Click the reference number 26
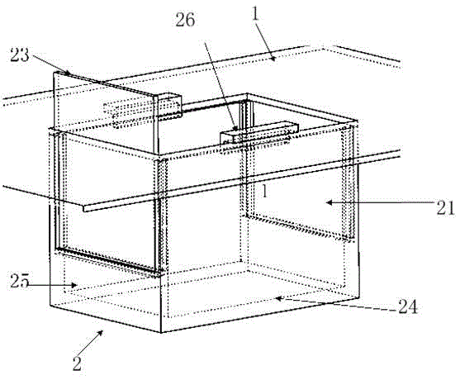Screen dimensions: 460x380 pos(185,20)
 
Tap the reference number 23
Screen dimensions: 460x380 pos(20,55)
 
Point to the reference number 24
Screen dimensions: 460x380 pos(407,307)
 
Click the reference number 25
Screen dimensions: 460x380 pos(20,281)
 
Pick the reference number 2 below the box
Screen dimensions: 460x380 pos(77,363)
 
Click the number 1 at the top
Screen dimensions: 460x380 pos(255,13)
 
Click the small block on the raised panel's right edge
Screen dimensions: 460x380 pos(170,107)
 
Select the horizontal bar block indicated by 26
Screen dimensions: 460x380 pos(259,133)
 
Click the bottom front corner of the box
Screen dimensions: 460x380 pos(161,332)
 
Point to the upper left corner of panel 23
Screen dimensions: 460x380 pos(54,72)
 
